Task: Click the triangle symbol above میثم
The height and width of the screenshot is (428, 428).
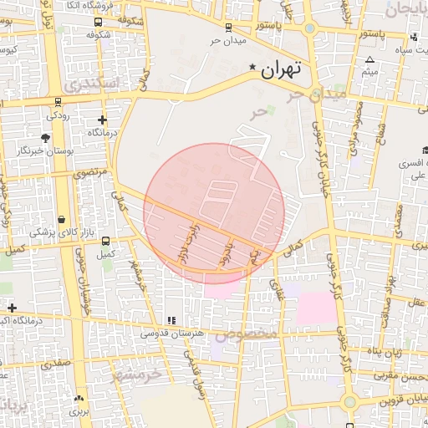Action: click(370, 59)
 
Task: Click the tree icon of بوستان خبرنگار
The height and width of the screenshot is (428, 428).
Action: click(45, 137)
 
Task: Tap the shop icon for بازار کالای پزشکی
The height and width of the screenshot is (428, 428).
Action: click(62, 218)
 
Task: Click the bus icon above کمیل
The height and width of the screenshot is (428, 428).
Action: click(104, 241)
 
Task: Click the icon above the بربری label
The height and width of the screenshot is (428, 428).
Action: click(79, 399)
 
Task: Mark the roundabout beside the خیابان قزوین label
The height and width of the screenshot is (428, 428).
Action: click(349, 403)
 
